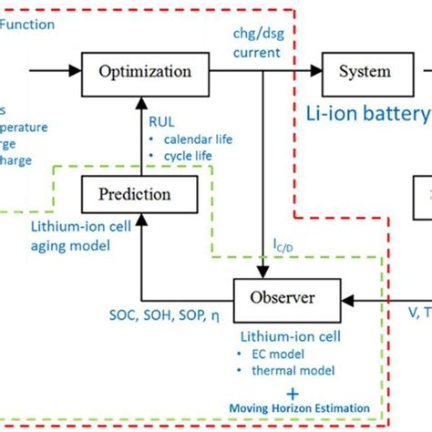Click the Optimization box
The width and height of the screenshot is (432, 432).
pos(145,71)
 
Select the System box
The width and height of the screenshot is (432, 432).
pos(365,71)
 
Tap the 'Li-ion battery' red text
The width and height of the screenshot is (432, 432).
pos(367,114)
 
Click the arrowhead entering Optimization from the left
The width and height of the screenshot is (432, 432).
pos(75,70)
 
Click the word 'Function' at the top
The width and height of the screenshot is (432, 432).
pos(26,25)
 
